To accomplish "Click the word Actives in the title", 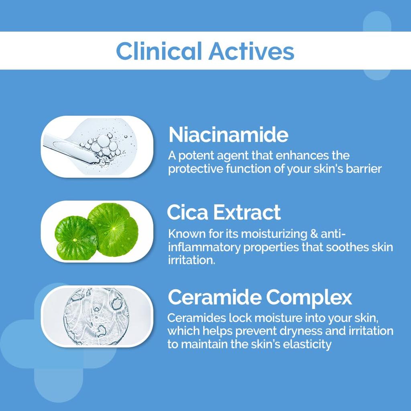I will tap(251, 51).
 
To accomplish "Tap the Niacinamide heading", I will tap(228, 135).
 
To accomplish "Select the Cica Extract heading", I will tap(224, 212).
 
